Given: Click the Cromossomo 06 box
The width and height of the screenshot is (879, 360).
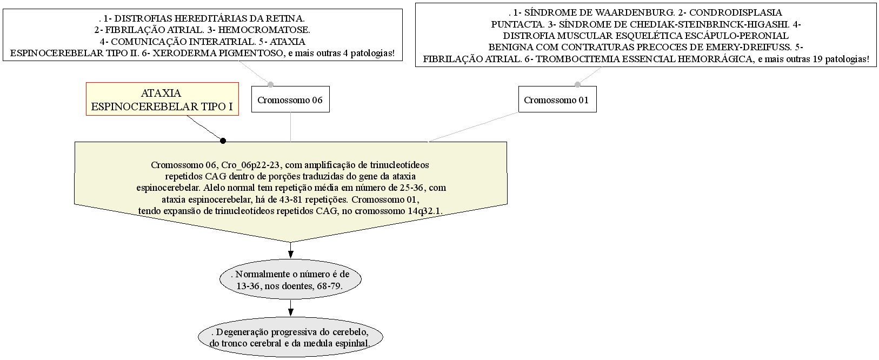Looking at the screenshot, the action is pyautogui.click(x=290, y=99).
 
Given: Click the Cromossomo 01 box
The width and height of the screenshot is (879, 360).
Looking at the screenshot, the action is pyautogui.click(x=557, y=99).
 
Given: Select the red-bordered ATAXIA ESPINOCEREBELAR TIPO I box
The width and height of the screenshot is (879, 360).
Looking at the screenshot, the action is pyautogui.click(x=162, y=99).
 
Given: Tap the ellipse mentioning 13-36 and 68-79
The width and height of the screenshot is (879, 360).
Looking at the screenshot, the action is pyautogui.click(x=290, y=279).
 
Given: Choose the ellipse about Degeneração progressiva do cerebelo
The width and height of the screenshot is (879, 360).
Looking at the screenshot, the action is pyautogui.click(x=290, y=337).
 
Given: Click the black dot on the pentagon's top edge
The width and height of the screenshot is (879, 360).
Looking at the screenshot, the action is pyautogui.click(x=223, y=141).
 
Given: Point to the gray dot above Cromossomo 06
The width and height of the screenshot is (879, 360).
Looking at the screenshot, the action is pyautogui.click(x=270, y=84).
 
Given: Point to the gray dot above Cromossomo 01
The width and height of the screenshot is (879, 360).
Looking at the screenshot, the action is pyautogui.click(x=577, y=84).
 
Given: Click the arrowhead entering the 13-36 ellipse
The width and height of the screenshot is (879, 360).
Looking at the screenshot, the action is pyautogui.click(x=290, y=254).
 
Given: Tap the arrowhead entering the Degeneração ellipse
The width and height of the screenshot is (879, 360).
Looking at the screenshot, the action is pyautogui.click(x=290, y=312).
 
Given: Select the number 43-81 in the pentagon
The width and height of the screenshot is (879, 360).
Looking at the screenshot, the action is pyautogui.click(x=291, y=199).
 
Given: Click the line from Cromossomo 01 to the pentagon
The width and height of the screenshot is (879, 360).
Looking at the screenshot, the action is pyautogui.click(x=473, y=127).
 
